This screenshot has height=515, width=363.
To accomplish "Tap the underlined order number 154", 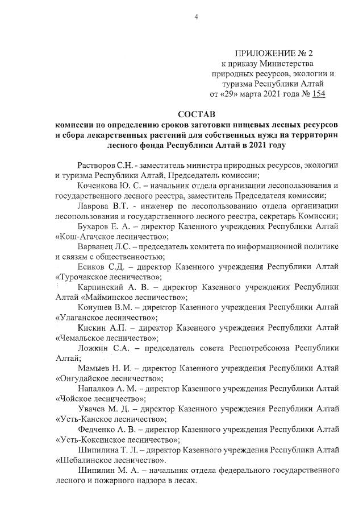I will click(x=318, y=94).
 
